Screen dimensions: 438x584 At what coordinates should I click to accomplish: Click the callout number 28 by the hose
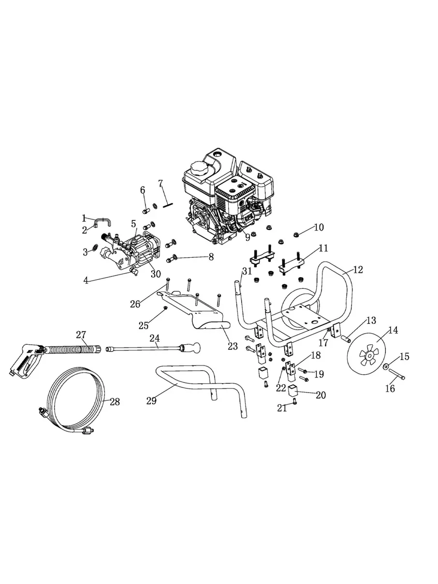[x=115, y=402]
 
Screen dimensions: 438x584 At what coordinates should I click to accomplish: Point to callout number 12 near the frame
[x=358, y=270]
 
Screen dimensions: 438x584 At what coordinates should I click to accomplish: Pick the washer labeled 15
[x=385, y=367]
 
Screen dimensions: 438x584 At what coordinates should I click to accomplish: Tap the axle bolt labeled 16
[x=397, y=374]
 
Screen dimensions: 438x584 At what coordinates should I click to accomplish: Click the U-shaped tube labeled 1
[x=103, y=220]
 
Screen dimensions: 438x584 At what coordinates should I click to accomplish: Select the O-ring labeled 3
[x=95, y=247]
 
